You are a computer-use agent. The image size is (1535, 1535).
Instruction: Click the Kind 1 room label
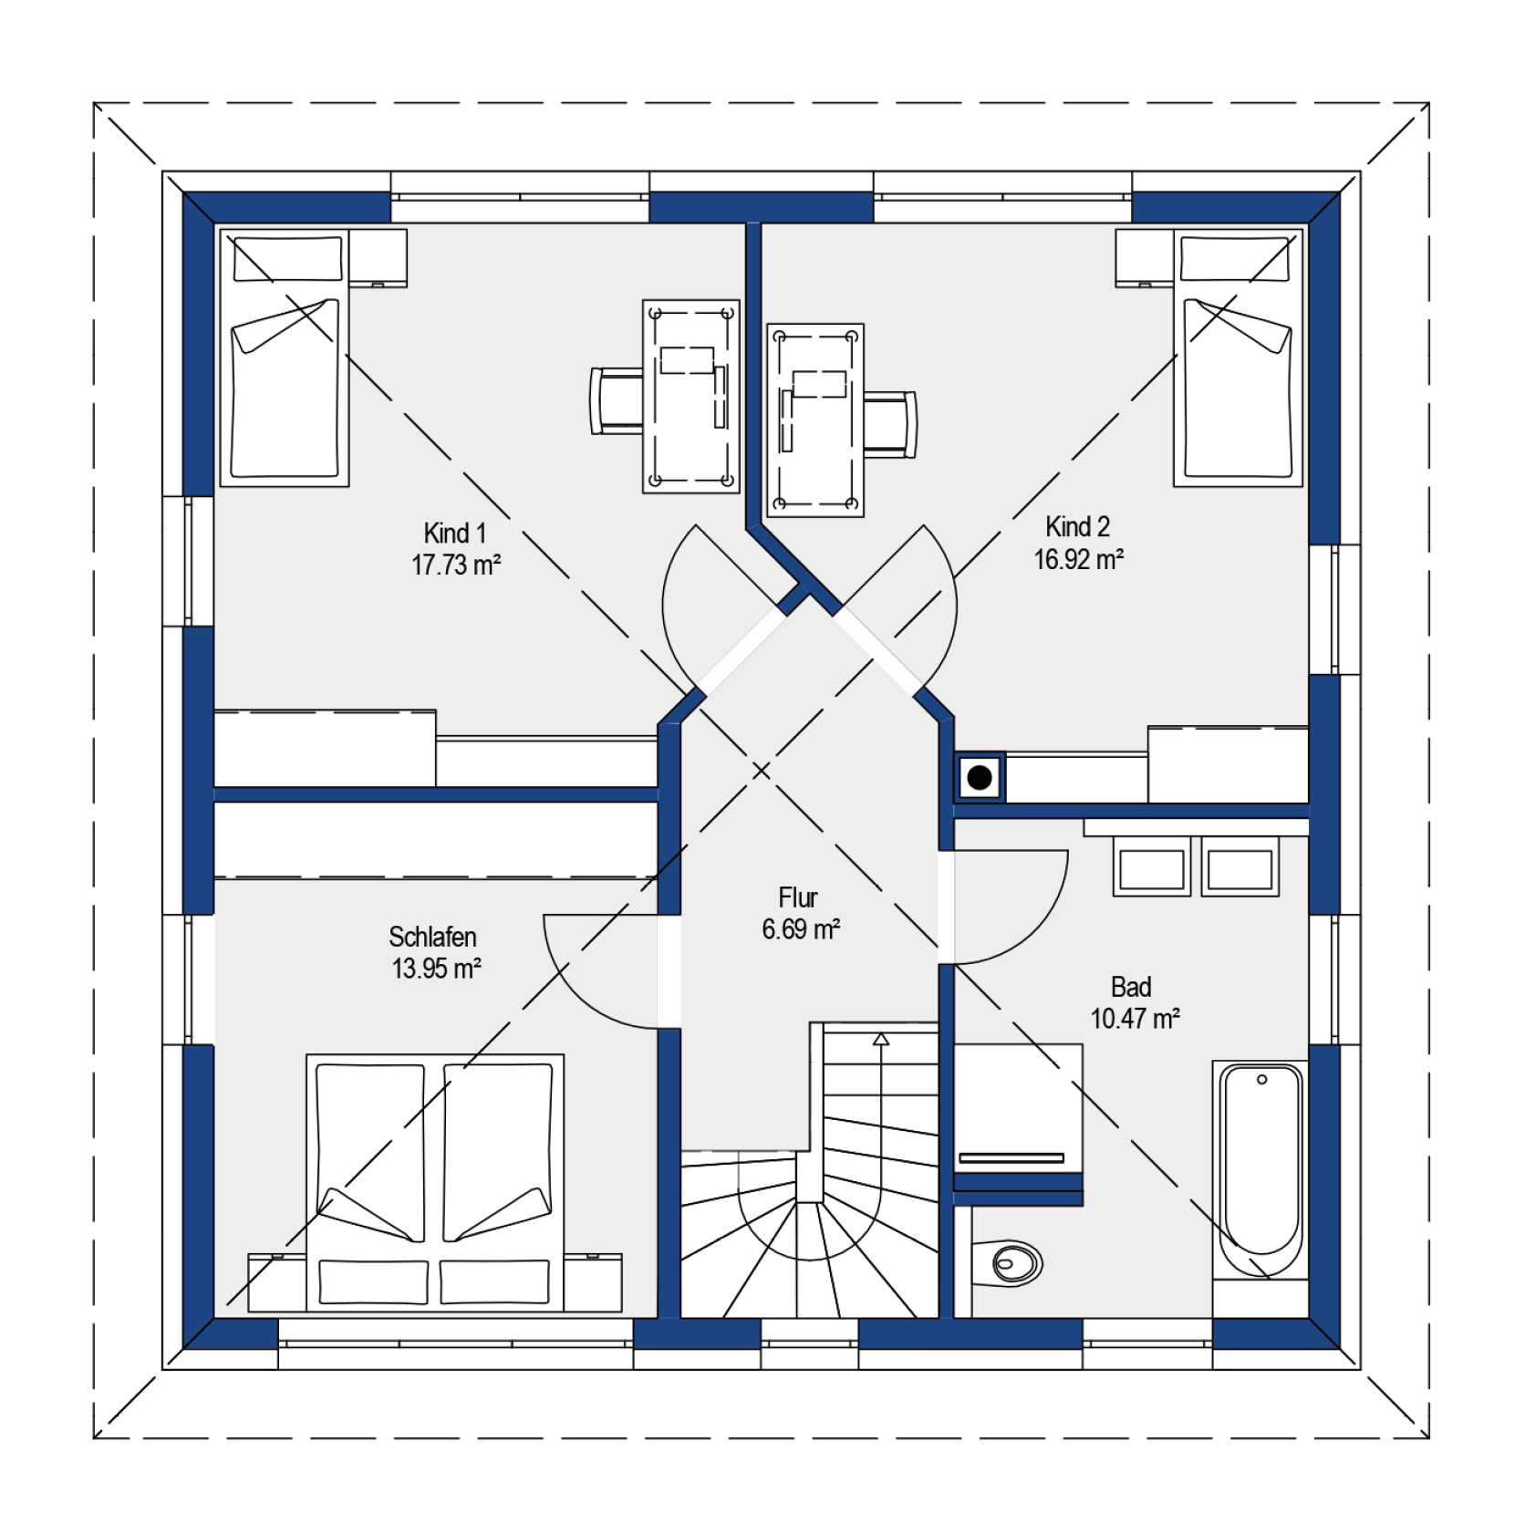pos(454,533)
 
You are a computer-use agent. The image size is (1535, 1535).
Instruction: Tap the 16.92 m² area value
pos(1078,559)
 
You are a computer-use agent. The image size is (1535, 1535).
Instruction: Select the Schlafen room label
pos(432,937)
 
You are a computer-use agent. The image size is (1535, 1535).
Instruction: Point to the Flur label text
pos(798,897)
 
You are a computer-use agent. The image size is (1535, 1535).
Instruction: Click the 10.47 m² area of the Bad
pos(1135,1018)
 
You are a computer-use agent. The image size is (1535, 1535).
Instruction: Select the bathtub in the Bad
pos(1260,1167)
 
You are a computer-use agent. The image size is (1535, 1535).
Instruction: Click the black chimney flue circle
pos(980,778)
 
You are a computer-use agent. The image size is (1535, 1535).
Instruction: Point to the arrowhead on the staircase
pos(880,1039)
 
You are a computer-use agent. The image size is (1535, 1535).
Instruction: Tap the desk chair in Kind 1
pos(617,400)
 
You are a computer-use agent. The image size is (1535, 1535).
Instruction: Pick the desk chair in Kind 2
pos(890,424)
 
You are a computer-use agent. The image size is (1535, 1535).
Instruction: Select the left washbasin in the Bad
pos(1151,868)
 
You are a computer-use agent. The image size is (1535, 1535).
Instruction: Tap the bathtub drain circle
pos(1261,1080)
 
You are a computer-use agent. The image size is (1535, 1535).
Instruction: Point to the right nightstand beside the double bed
pos(593,1282)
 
